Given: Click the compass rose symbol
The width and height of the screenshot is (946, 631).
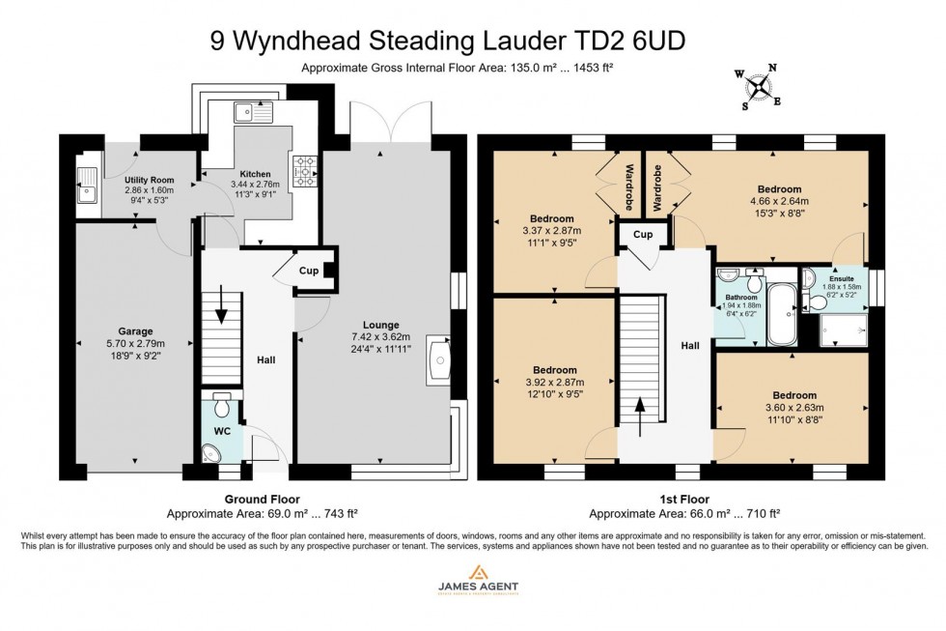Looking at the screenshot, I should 761,87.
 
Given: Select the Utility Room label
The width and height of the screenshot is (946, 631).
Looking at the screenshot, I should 148,180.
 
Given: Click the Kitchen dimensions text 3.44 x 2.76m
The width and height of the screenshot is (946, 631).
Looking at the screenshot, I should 254,184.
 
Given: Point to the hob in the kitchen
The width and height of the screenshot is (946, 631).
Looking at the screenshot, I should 304,171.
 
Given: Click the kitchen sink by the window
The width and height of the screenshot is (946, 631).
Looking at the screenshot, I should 254,112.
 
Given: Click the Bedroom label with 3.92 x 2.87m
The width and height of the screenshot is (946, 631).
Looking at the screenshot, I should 553,370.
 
